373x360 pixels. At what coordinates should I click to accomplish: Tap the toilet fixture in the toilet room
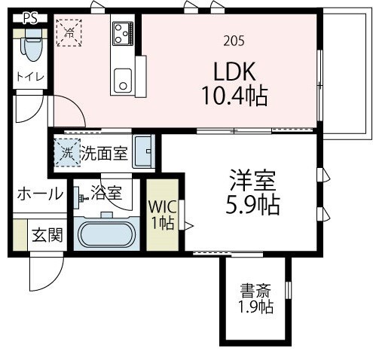click(x=32, y=47)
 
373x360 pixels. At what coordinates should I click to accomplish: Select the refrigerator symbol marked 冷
click(x=69, y=32)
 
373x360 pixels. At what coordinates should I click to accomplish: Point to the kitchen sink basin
click(x=122, y=78)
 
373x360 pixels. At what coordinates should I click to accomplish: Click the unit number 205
click(x=234, y=41)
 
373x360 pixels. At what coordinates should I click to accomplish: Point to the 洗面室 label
click(x=104, y=154)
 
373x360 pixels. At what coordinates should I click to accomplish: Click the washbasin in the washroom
click(x=143, y=153)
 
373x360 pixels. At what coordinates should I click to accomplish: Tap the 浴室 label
click(x=105, y=193)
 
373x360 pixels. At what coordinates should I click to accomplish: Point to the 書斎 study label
click(x=256, y=291)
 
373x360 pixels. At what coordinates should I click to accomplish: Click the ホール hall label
click(x=40, y=194)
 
